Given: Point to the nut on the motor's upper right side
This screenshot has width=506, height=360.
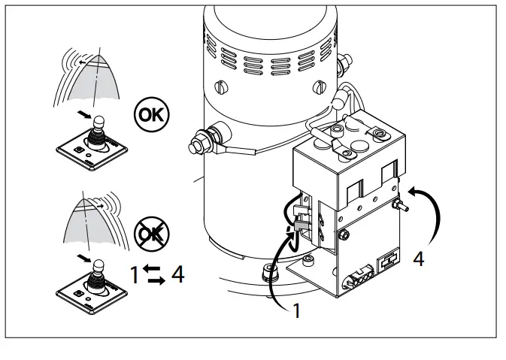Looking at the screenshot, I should click(x=347, y=58).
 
